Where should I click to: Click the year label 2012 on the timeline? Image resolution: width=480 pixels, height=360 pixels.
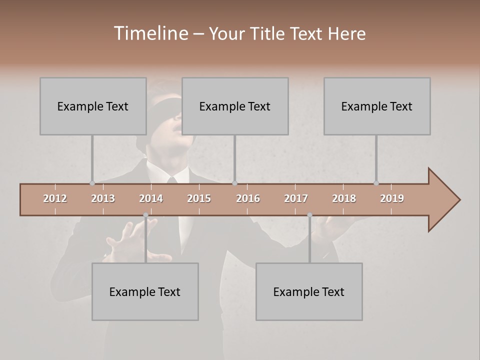55,198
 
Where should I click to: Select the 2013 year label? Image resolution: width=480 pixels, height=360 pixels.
103,198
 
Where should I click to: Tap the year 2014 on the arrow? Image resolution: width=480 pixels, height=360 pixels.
151,198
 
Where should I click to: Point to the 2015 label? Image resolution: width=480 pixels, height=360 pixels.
199,198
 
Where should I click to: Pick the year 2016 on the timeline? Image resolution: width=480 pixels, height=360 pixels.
248,198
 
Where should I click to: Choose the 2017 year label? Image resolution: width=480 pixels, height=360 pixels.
296,198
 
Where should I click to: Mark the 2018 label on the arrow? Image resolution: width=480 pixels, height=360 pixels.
344,198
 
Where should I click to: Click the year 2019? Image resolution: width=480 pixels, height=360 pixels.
392,198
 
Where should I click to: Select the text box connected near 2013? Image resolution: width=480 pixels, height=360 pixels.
93,106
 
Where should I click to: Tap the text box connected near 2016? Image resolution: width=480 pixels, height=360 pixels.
235,106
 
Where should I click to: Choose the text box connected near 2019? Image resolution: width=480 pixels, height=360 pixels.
377,106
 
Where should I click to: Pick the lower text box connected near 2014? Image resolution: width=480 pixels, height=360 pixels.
145,291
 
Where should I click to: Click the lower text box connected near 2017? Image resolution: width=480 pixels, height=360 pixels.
309,291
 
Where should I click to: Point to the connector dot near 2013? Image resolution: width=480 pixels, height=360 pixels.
92,183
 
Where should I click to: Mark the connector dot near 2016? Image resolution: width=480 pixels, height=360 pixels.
234,183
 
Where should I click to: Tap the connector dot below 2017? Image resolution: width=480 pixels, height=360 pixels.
309,215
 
